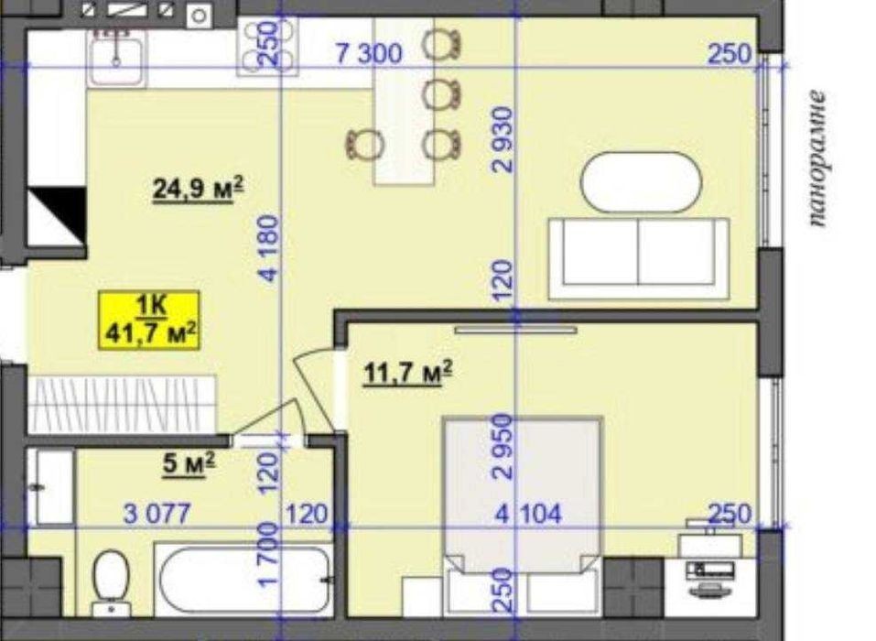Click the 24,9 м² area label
click(199, 189)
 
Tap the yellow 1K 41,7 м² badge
click(149, 320)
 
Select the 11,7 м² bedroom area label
click(408, 372)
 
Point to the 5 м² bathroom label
click(189, 464)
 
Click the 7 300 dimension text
click(369, 54)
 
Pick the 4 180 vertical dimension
click(269, 248)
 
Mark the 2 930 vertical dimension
click(502, 140)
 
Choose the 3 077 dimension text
click(157, 514)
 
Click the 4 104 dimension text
click(528, 514)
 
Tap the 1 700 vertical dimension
click(268, 554)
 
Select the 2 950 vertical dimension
click(502, 447)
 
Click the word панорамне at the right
click(817, 158)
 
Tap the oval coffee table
click(641, 182)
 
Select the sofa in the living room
click(639, 259)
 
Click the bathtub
click(244, 580)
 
